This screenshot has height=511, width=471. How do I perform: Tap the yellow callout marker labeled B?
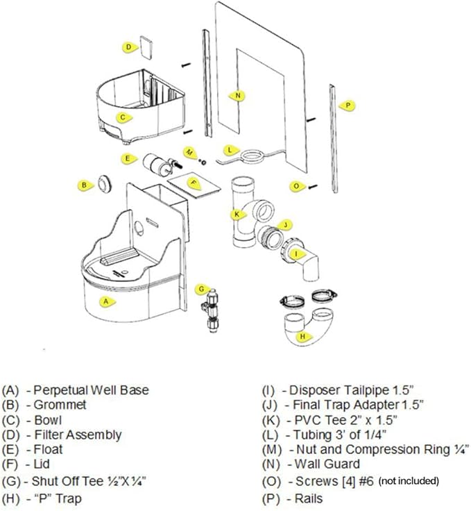[84, 185]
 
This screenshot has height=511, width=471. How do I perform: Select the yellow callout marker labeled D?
[129, 47]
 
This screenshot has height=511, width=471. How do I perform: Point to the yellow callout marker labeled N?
[238, 95]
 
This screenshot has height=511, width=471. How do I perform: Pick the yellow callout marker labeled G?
[200, 288]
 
